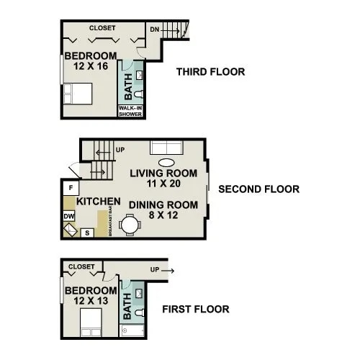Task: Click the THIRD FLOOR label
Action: click(210, 72)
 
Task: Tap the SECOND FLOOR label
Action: click(258, 190)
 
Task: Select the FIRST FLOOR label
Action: click(195, 310)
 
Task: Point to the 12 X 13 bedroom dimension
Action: click(89, 302)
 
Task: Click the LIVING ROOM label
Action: click(163, 174)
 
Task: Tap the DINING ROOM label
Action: click(163, 205)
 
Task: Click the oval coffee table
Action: click(166, 162)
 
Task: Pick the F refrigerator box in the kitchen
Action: click(71, 189)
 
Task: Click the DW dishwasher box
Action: click(69, 216)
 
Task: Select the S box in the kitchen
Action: click(86, 232)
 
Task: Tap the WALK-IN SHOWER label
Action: click(130, 112)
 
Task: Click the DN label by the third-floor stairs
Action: click(155, 30)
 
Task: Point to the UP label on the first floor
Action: click(155, 269)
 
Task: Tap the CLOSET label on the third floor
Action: click(102, 27)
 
